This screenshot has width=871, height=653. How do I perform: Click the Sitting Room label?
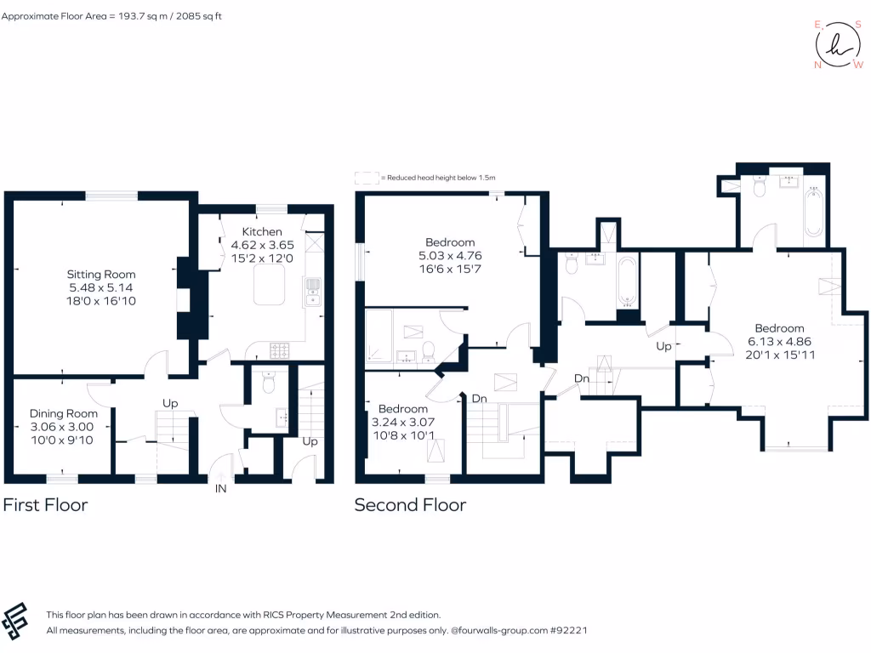(x=101, y=275)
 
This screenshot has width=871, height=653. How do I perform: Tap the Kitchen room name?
(x=261, y=232)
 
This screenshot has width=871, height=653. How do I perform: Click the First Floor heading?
(x=45, y=505)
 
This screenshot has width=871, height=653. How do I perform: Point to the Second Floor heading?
(x=410, y=505)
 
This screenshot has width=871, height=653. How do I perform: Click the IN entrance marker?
(x=221, y=490)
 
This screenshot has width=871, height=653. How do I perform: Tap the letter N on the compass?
(x=818, y=65)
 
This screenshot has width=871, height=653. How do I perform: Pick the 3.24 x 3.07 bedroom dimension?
(x=404, y=421)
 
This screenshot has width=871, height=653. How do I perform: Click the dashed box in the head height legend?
(x=367, y=178)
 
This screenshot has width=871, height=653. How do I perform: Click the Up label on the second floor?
(x=664, y=347)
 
